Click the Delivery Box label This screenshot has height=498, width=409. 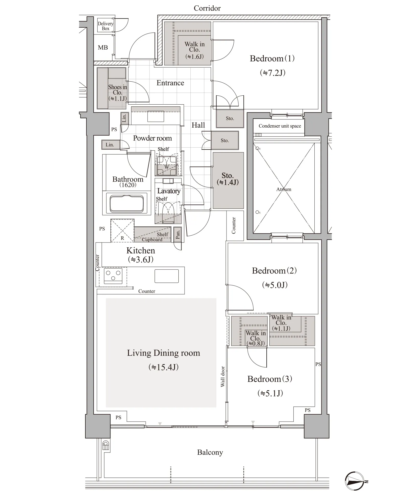[x=105, y=26]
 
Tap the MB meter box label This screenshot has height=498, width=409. [x=103, y=48]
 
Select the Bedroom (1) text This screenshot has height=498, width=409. [x=272, y=59]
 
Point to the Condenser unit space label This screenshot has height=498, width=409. [x=280, y=126]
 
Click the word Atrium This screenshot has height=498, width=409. [x=284, y=189]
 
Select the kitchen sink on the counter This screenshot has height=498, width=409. [x=166, y=276]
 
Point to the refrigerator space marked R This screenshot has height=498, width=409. [x=122, y=230]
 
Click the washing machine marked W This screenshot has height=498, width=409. [x=166, y=165]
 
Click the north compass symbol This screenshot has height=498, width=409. [x=355, y=481]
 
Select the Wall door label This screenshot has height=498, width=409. [x=223, y=377]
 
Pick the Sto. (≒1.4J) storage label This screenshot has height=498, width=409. [x=228, y=179]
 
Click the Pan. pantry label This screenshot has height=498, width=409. [x=178, y=234]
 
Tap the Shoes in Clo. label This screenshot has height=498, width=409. [x=118, y=93]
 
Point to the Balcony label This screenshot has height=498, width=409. [x=210, y=452]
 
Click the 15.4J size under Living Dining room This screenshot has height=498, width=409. [x=164, y=367]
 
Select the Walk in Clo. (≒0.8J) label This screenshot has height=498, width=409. [x=256, y=338]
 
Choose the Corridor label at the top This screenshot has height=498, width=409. [x=207, y=8]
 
